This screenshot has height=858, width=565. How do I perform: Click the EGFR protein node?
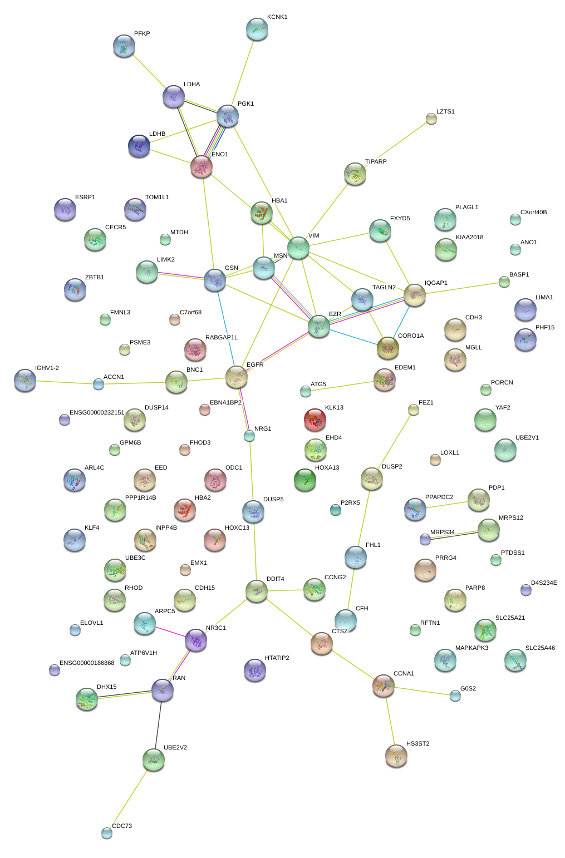pos(237,377)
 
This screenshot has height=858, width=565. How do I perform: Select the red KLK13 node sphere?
pos(315,420)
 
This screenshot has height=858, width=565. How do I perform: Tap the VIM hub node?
pos(298,248)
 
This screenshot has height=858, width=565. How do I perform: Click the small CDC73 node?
pos(107,833)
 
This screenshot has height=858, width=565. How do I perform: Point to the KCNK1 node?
pos(257,29)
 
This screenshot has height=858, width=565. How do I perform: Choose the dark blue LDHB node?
pos(139,146)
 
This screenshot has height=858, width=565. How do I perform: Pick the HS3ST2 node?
pos(396,756)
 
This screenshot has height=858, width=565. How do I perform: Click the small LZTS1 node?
pos(431,119)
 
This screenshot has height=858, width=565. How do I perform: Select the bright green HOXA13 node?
pos(304,480)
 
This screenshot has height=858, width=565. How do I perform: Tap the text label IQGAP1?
pos(436,283)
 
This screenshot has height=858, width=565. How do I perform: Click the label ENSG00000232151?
pos(97,412)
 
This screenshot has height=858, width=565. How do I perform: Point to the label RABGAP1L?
pos(222,337)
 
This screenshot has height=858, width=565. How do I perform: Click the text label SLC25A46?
pos(540,648)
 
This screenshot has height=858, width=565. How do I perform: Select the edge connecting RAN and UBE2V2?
pos(158,724)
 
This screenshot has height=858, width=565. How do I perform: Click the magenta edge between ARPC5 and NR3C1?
pos(170,632)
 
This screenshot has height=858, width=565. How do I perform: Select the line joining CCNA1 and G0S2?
pos(422,691)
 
